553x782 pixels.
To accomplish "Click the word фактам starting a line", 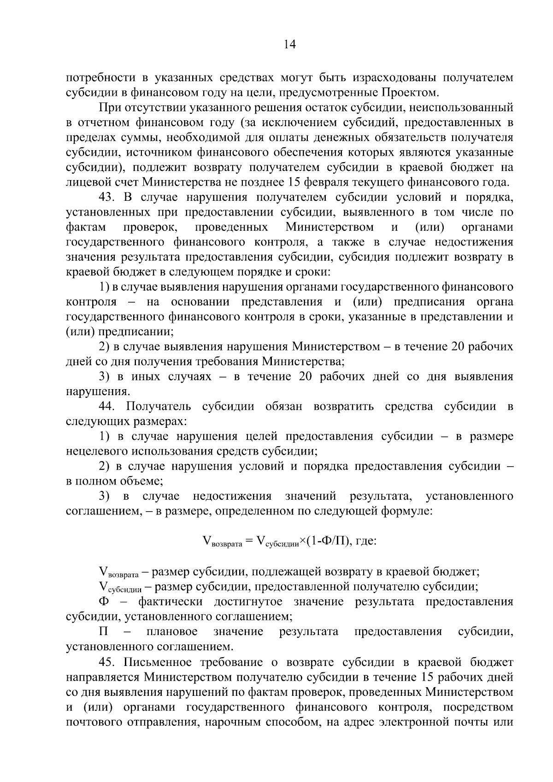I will tap(86, 227).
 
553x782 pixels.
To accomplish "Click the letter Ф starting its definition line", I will tap(104, 601).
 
